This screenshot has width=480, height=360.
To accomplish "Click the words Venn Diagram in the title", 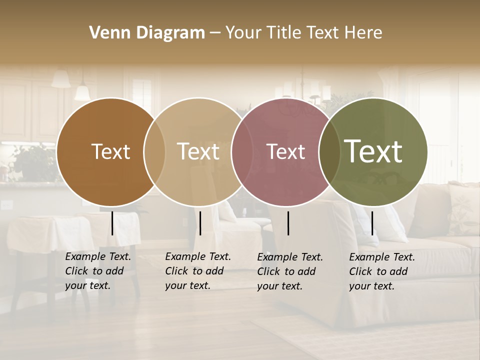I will [x=147, y=33].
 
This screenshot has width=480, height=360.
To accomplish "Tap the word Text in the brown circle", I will [x=110, y=151].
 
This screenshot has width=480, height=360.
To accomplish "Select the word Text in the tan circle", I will [x=198, y=151].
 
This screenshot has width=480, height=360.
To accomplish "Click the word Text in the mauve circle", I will [x=285, y=151].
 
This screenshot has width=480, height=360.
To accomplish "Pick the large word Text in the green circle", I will [x=373, y=151].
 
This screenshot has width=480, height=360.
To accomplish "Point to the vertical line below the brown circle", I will [x=112, y=223].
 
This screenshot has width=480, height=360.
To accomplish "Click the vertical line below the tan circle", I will [x=200, y=223].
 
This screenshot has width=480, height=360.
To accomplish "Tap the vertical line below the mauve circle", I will [x=288, y=223].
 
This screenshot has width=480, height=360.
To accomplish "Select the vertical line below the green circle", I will [x=372, y=223].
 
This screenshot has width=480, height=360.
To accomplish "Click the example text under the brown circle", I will [x=97, y=271].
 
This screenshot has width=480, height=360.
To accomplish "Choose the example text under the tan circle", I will [x=197, y=271].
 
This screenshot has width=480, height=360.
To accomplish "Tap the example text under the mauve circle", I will [x=289, y=271].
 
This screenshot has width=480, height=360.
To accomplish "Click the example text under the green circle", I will [x=381, y=271].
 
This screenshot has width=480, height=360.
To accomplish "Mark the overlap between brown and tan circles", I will [x=154, y=151].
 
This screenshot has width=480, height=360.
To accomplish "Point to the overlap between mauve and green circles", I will [x=329, y=151].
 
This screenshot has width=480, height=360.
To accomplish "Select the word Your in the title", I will [x=243, y=33].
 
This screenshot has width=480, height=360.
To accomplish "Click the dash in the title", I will [x=215, y=33].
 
